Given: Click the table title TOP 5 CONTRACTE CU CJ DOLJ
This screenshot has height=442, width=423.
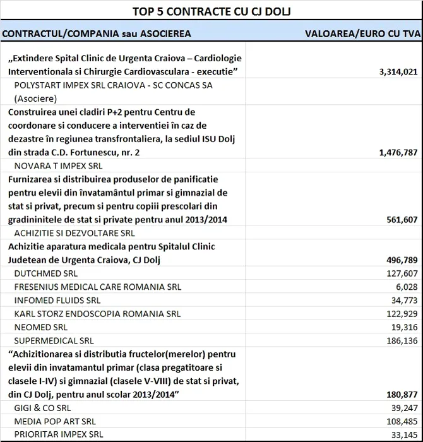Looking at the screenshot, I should tap(211, 11).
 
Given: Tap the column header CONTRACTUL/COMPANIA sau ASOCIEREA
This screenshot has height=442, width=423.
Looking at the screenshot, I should tap(96, 32).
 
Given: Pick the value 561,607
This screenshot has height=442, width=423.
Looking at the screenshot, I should tap(400, 220).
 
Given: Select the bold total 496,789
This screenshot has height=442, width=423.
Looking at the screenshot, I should tap(400, 260).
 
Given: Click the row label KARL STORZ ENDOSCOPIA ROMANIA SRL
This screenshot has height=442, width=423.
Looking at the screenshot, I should tap(97, 313).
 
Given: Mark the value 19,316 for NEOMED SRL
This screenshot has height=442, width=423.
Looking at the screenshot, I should tap(403, 326).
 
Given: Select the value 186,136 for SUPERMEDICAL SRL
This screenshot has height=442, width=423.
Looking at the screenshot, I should tap(400, 340).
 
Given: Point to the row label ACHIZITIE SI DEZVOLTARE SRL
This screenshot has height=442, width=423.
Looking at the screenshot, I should tap(74, 233).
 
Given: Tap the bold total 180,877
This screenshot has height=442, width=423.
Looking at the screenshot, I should tap(400, 394).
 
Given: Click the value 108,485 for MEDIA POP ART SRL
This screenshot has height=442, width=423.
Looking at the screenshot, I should tap(400, 421).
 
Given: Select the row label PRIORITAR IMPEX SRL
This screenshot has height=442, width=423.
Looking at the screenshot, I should tap(59, 434).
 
